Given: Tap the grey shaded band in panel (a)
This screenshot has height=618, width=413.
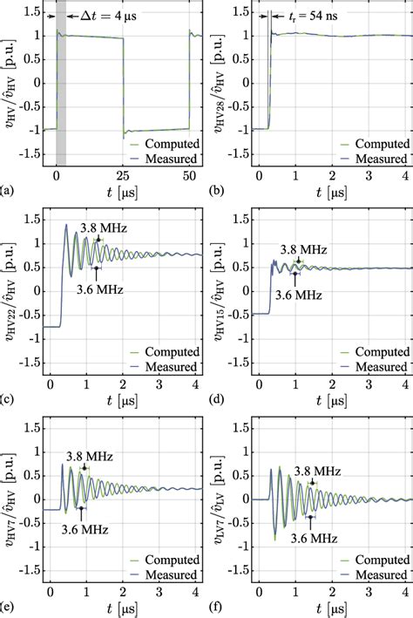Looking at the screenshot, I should click(x=61, y=87).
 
